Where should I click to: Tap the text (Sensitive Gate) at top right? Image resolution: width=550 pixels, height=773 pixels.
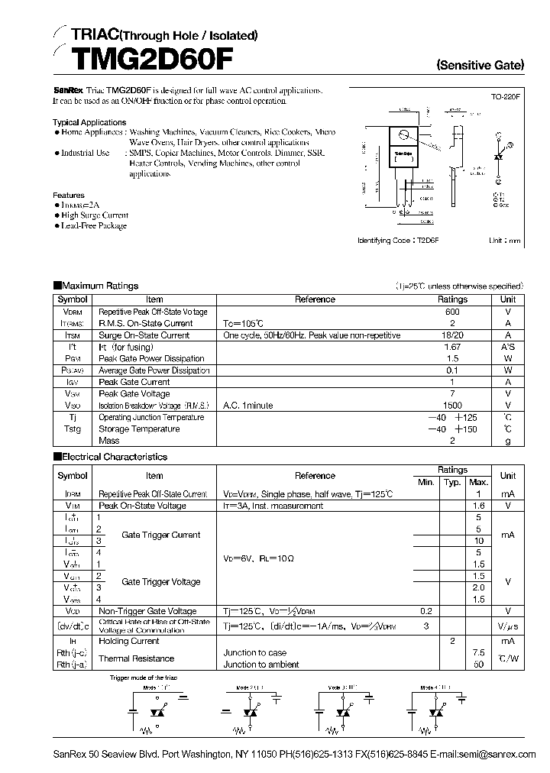(480, 66)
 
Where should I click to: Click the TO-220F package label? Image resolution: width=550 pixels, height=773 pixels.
(505, 98)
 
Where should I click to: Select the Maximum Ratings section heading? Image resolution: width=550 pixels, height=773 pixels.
(99, 286)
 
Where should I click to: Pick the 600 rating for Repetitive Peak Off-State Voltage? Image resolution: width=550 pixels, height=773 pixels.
(451, 312)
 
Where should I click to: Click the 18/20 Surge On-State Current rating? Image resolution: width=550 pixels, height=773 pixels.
(451, 335)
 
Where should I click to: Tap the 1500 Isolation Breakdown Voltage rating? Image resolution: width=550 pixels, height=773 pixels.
(451, 405)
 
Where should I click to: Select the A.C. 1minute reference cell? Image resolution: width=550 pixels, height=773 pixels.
(247, 405)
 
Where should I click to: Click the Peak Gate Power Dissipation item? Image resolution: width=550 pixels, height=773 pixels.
(151, 358)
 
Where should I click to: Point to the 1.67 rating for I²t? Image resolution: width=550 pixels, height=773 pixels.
(451, 347)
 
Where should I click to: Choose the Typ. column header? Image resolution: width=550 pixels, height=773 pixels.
(452, 482)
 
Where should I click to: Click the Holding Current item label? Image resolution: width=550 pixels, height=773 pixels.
(129, 642)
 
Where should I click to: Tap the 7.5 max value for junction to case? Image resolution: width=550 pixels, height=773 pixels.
(479, 653)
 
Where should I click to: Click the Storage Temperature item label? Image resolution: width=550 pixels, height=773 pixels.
(139, 429)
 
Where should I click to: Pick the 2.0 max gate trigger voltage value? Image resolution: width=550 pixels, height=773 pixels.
(479, 587)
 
